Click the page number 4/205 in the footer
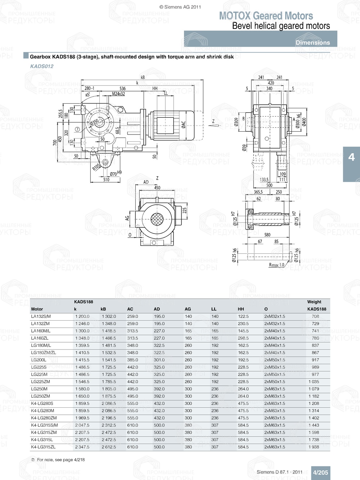click(x=320, y=472)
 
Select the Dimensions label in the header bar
click(x=312, y=42)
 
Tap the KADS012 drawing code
click(x=42, y=66)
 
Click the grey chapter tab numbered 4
click(x=351, y=157)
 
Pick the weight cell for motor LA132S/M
click(x=315, y=317)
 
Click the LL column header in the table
click(x=214, y=309)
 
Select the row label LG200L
click(x=39, y=360)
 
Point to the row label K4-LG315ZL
click(x=43, y=447)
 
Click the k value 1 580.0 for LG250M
click(x=82, y=389)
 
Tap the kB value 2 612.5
click(x=109, y=447)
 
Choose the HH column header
click(x=241, y=309)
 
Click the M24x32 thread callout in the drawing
click(x=118, y=94)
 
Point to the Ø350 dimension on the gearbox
click(x=94, y=122)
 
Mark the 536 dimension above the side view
click(x=123, y=89)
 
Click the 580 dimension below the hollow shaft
click(x=267, y=235)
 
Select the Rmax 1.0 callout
click(x=276, y=265)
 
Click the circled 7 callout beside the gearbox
click(x=77, y=129)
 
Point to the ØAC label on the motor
click(x=184, y=125)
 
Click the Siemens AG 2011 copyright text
click(x=180, y=7)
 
